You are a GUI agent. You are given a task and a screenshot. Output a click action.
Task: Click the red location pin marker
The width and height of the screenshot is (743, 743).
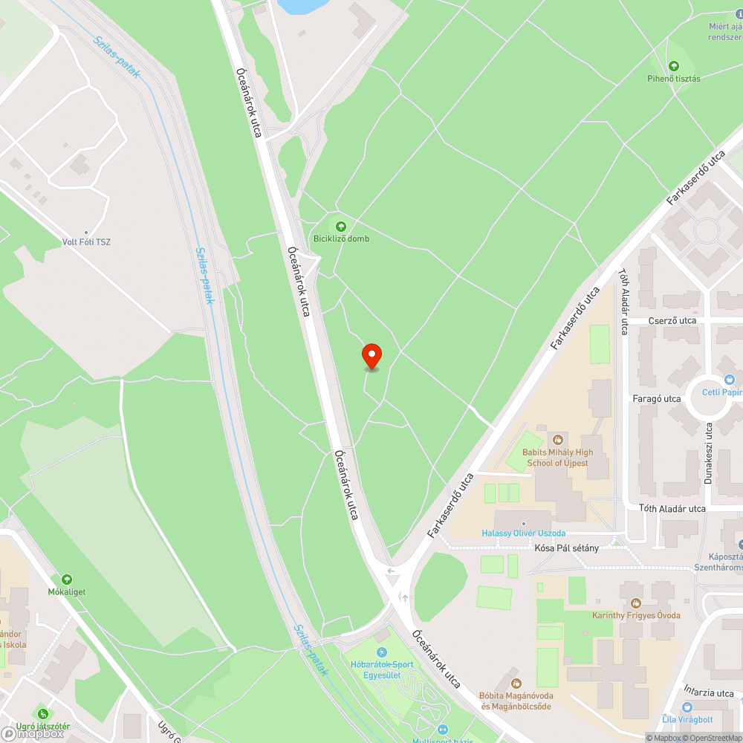coord(371,356)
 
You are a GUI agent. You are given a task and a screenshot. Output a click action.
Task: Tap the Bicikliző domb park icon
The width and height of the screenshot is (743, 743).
coord(341,226)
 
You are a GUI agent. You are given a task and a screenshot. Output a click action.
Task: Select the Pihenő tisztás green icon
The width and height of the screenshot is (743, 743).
coord(674,66)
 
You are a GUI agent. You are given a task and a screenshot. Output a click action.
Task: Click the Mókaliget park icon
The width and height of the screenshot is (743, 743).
coord(67,580)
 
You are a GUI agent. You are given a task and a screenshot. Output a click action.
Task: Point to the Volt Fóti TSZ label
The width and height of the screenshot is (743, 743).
coord(87,241)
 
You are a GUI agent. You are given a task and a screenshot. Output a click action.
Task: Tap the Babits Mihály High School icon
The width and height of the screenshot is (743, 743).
coord(557,440)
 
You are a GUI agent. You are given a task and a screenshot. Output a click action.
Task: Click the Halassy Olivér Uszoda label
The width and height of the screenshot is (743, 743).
coord(524,533)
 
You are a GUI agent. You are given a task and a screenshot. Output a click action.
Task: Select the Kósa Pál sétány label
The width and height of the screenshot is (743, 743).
coord(566,548)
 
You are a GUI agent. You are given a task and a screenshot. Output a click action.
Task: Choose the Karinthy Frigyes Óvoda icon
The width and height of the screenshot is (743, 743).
coord(636,603)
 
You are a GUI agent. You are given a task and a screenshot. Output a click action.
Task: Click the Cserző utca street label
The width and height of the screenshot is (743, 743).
coord(672,320)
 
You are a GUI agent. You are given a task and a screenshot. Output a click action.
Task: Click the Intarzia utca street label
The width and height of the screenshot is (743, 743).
coord(710,692)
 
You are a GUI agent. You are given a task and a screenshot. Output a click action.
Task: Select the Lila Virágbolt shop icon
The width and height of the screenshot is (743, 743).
coord(687,707)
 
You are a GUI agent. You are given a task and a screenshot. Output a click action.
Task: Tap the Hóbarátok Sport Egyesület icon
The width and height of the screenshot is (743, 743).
coord(383,652)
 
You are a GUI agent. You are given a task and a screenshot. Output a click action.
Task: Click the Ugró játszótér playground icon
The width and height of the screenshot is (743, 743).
coord(43,714)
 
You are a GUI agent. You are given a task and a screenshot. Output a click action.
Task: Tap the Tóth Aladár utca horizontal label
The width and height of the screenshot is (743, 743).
coord(672,509)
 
